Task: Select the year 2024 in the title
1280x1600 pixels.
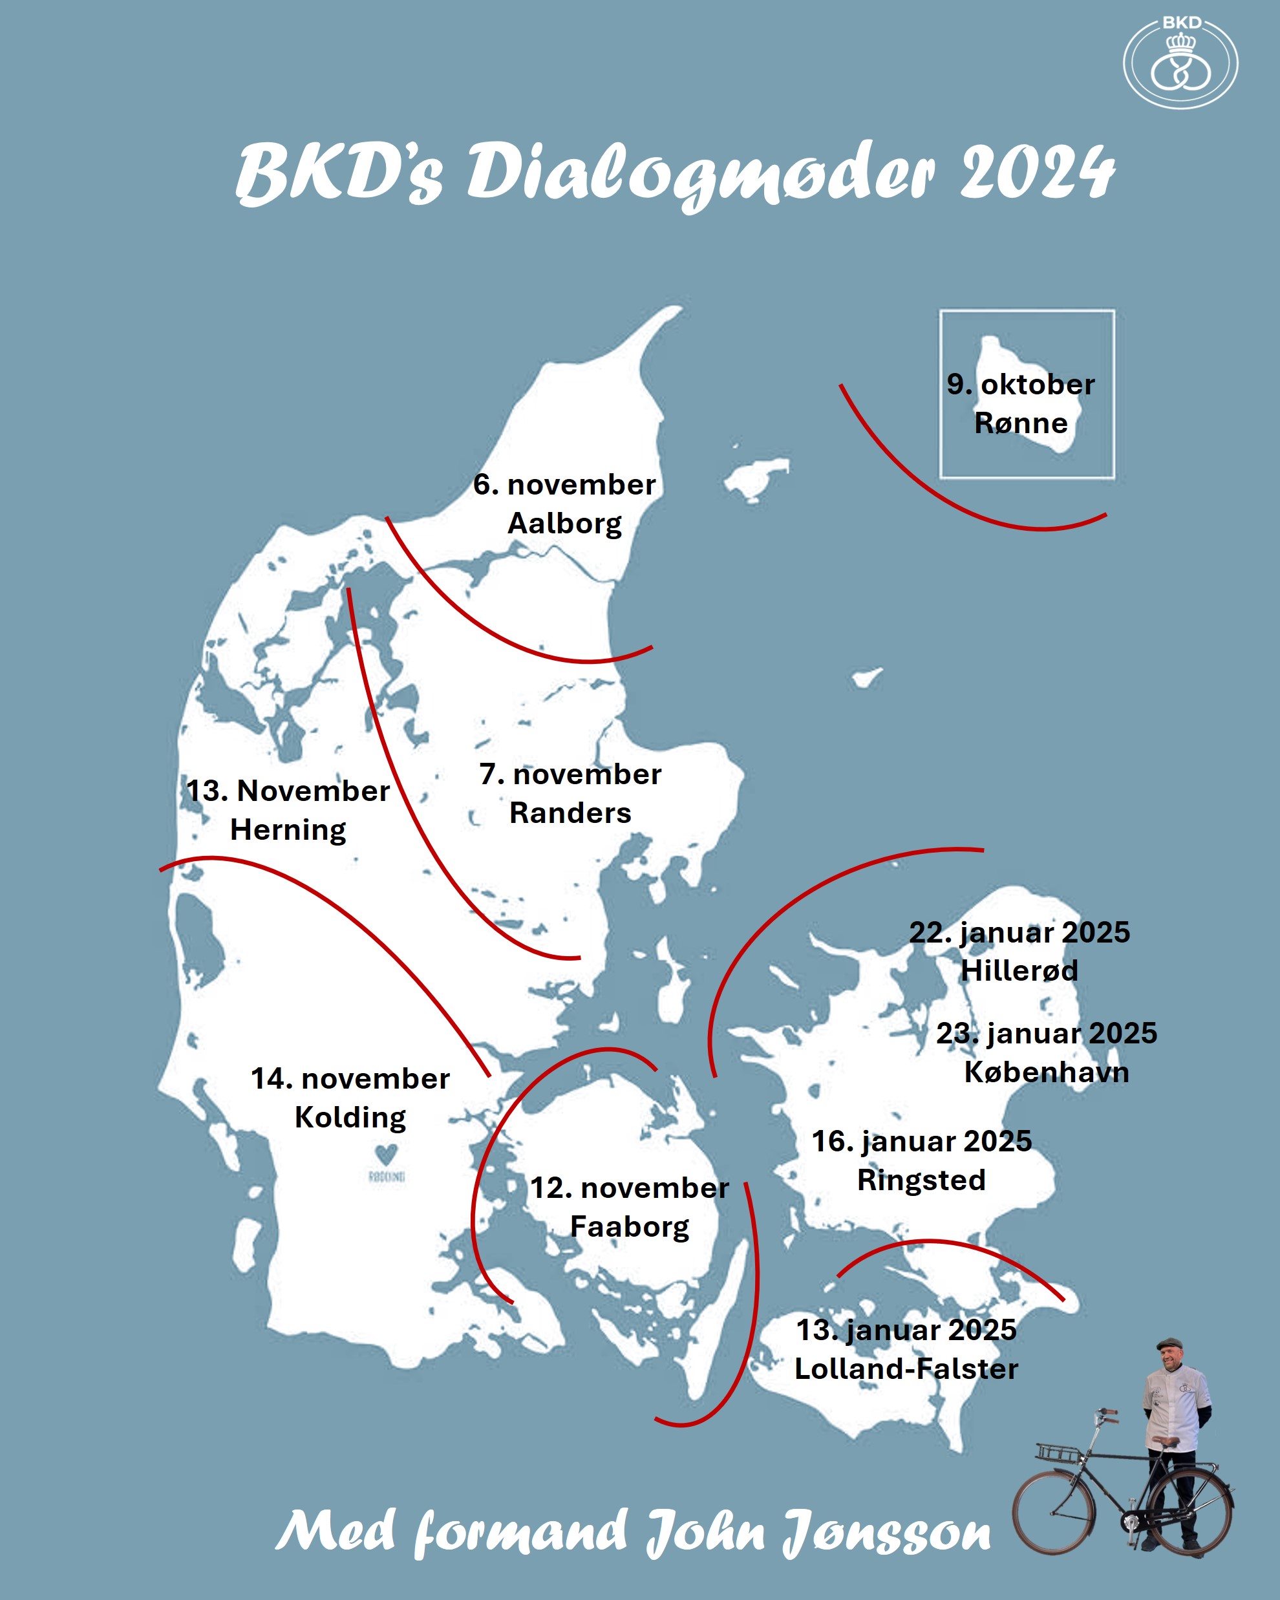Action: coord(1037,172)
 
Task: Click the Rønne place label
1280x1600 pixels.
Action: coord(1021,423)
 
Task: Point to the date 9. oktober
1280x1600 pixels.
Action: coord(1020,385)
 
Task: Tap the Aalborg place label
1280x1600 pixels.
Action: coord(564,523)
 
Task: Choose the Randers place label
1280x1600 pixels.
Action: coord(570,813)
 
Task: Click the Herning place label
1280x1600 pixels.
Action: coord(288,829)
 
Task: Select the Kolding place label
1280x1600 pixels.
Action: coord(350,1117)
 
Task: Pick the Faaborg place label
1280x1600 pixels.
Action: coord(629,1227)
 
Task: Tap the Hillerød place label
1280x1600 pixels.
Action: coord(1019,971)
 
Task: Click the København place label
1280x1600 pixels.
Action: coord(1046,1072)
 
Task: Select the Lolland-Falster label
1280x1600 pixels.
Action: coord(906,1369)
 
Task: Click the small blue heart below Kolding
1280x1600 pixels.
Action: coord(386,1154)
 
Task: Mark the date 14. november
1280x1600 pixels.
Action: coord(350,1078)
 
